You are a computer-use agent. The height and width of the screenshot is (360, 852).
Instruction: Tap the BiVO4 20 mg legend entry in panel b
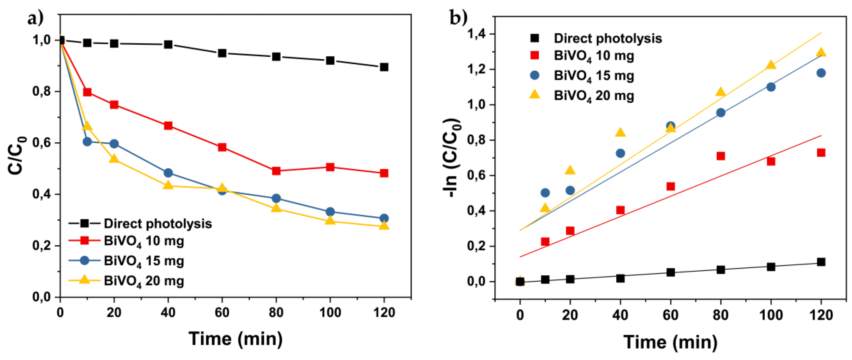[x=594, y=96]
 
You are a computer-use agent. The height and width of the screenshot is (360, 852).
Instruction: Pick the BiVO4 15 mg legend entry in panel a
[x=144, y=261]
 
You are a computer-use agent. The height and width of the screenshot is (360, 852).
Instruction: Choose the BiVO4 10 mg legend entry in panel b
[x=594, y=55]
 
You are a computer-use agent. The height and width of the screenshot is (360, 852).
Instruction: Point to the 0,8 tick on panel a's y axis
[x=42, y=91]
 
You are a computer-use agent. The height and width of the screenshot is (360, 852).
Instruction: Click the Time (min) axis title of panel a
[x=236, y=339]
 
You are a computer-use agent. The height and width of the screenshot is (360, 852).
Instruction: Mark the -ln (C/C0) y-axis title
[x=452, y=158]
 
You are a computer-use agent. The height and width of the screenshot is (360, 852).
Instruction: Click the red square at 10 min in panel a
[x=87, y=92]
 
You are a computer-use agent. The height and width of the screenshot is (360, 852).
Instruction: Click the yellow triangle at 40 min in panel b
[x=620, y=133]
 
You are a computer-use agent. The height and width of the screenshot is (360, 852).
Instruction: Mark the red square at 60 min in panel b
[x=670, y=186]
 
